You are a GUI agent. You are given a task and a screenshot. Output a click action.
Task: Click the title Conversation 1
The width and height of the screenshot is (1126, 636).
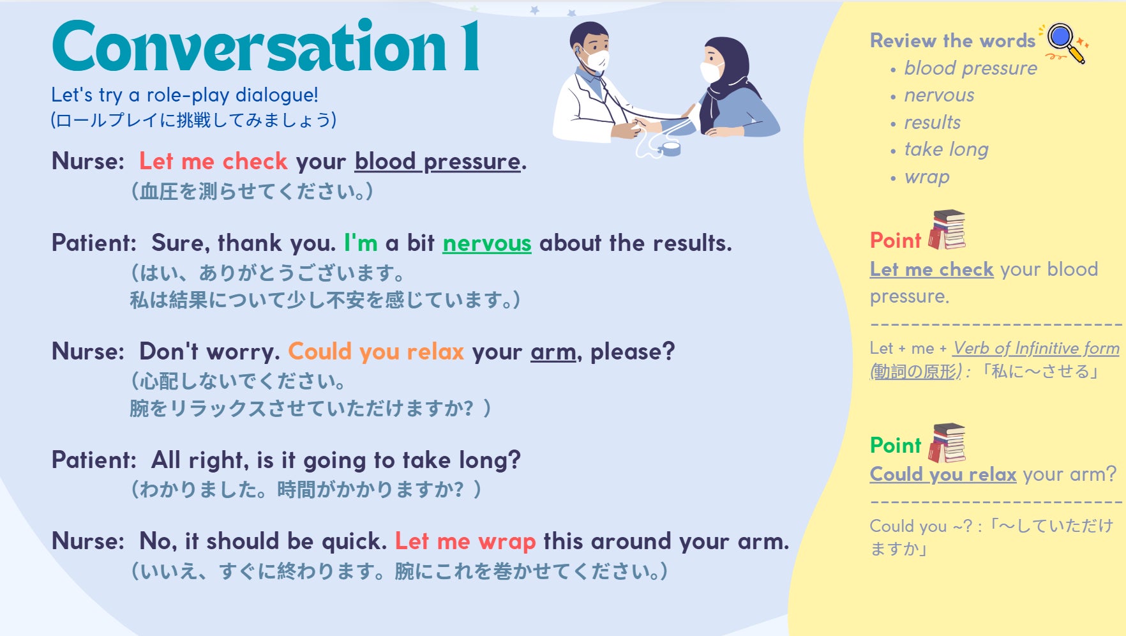tap(266, 46)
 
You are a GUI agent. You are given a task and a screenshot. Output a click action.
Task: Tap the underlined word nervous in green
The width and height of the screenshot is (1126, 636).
tap(487, 243)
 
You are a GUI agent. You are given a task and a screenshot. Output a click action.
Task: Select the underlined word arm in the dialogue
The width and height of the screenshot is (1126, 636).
tap(553, 352)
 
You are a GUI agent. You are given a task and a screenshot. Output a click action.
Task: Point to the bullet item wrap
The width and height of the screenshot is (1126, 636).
tap(927, 177)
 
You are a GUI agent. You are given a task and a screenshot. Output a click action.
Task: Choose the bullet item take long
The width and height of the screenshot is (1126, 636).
tap(946, 149)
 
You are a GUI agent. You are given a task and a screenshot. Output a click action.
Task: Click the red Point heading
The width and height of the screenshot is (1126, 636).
tap(896, 240)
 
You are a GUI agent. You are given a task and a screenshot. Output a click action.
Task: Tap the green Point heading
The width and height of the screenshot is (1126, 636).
tap(896, 445)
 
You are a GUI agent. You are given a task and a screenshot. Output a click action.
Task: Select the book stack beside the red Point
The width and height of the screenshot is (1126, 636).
tap(947, 229)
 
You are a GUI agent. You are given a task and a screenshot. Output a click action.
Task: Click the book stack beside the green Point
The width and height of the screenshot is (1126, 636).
tap(947, 443)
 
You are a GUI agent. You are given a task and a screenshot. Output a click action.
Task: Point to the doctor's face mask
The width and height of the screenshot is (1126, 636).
tap(597, 61)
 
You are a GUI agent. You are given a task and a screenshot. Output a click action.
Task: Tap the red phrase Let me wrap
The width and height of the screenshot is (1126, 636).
tap(465, 541)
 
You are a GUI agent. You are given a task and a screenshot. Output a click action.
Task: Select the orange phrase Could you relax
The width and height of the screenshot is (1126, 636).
tap(376, 351)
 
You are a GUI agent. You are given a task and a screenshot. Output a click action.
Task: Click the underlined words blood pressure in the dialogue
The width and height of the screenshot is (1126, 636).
tap(438, 162)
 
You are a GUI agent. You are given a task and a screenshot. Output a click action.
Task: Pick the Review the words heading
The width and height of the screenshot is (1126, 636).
tap(952, 41)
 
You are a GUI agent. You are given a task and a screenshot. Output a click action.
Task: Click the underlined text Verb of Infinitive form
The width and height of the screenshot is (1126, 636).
tap(1036, 349)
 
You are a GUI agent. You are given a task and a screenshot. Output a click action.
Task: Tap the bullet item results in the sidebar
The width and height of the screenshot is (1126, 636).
tap(932, 122)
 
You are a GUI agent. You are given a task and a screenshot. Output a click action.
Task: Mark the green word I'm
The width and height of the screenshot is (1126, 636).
tap(361, 243)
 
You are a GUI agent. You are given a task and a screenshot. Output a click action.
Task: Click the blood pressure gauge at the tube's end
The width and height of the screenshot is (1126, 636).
tap(670, 149)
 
